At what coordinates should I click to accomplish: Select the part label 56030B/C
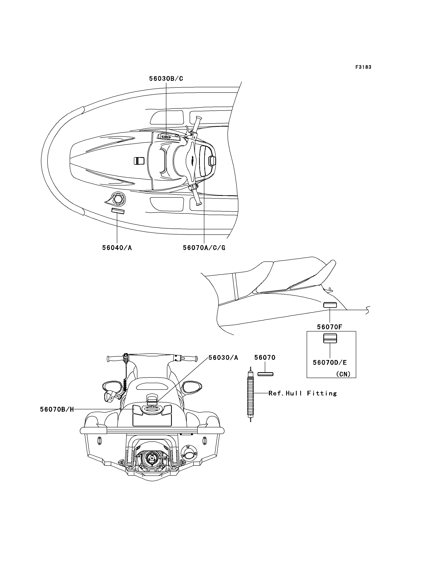pyautogui.click(x=166, y=79)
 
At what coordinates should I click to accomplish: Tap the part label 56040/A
pyautogui.click(x=117, y=248)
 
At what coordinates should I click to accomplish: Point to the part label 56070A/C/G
pyautogui.click(x=204, y=248)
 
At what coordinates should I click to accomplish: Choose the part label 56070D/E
pyautogui.click(x=330, y=362)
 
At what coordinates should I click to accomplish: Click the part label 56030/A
pyautogui.click(x=224, y=357)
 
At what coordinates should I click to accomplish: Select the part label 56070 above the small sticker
pyautogui.click(x=265, y=357)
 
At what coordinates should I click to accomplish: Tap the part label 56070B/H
pyautogui.click(x=57, y=409)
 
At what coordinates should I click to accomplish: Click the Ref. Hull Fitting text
pyautogui.click(x=303, y=393)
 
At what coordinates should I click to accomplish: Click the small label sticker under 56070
pyautogui.click(x=266, y=374)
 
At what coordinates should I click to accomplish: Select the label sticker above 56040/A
pyautogui.click(x=118, y=211)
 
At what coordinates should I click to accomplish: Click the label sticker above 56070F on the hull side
pyautogui.click(x=330, y=305)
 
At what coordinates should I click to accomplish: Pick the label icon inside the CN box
pyautogui.click(x=330, y=339)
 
